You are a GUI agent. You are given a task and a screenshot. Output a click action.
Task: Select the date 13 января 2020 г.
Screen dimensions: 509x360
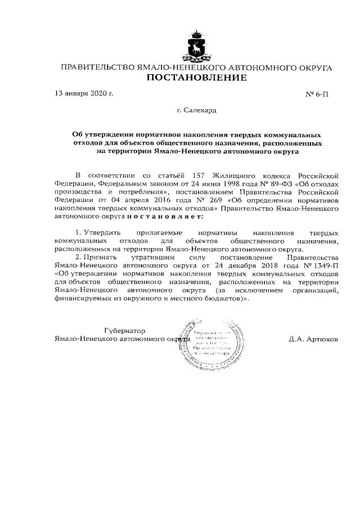coord(83,93)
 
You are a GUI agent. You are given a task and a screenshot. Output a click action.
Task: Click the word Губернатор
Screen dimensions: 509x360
coord(124,330)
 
